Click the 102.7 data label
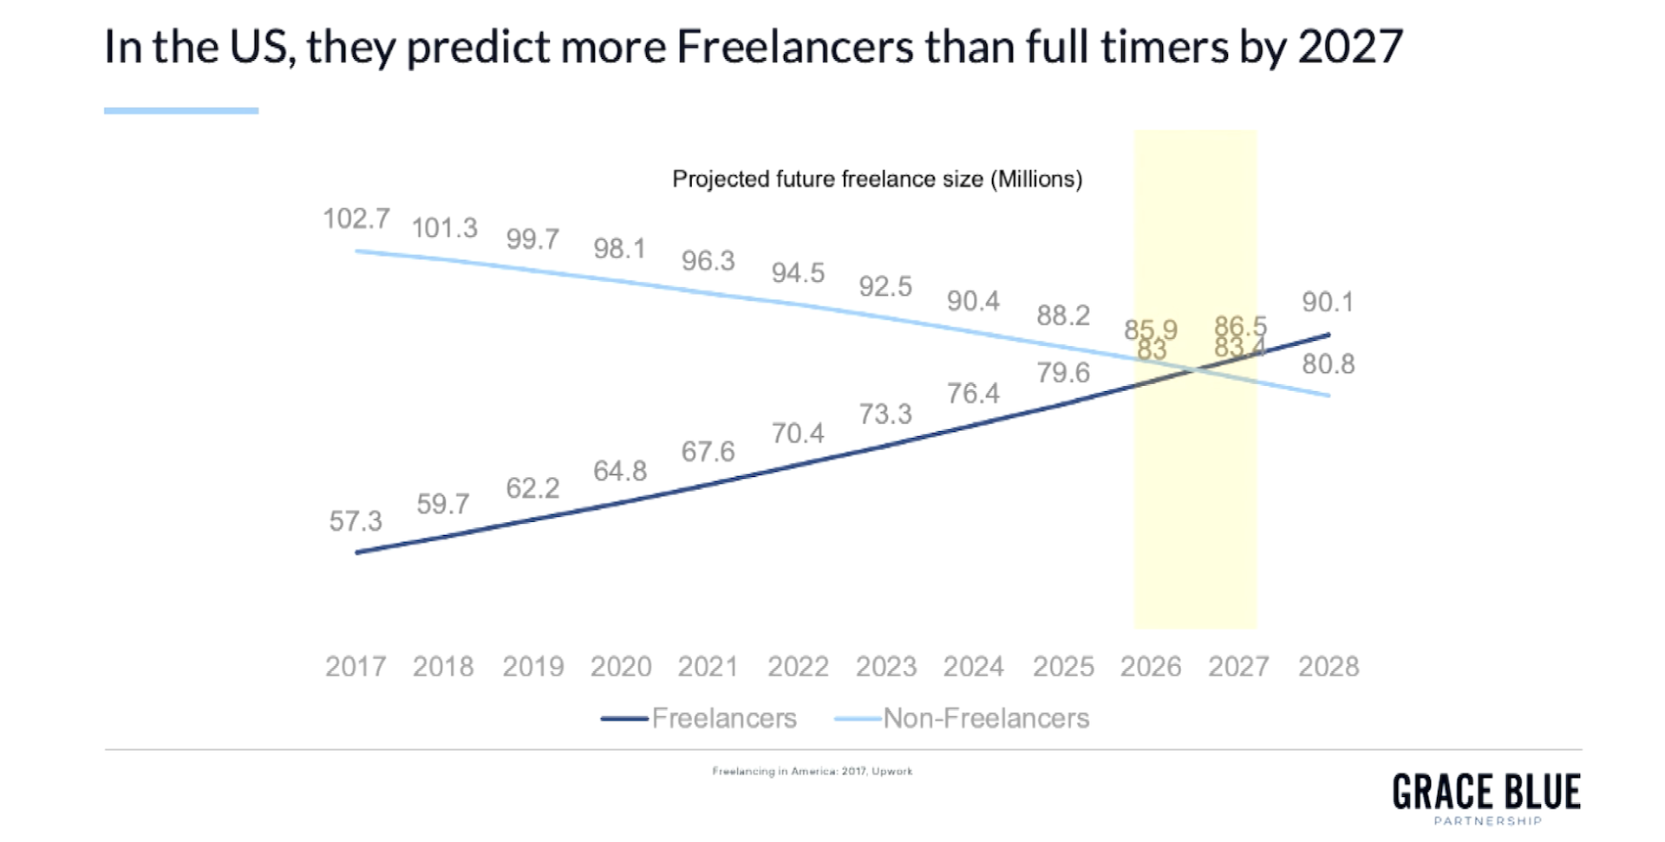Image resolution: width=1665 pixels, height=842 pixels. pos(356,219)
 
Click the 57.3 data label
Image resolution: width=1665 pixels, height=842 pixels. pos(356,521)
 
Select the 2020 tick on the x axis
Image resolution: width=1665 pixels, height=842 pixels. pos(621,666)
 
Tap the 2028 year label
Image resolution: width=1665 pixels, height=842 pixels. pos(1329,666)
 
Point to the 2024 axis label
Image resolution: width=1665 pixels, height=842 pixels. pos(974,666)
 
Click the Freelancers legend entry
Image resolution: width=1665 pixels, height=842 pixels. pos(723,718)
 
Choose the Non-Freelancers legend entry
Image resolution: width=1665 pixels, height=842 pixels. pos(986,718)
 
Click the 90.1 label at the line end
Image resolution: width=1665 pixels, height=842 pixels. pos(1328,302)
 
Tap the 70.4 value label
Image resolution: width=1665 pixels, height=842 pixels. pos(798,433)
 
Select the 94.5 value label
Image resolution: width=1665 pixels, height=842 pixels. pos(798,273)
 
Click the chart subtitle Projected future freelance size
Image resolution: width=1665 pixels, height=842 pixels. pos(877,179)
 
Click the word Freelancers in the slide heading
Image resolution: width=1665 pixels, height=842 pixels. pos(794,47)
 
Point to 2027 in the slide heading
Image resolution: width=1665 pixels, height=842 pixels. pos(1350,47)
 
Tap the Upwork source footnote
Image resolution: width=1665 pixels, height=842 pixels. pos(813,771)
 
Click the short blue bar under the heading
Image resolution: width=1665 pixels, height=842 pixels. pos(181,111)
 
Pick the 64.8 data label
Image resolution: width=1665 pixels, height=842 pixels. pos(620,471)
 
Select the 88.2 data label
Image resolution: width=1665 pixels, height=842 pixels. pos(1063,316)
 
